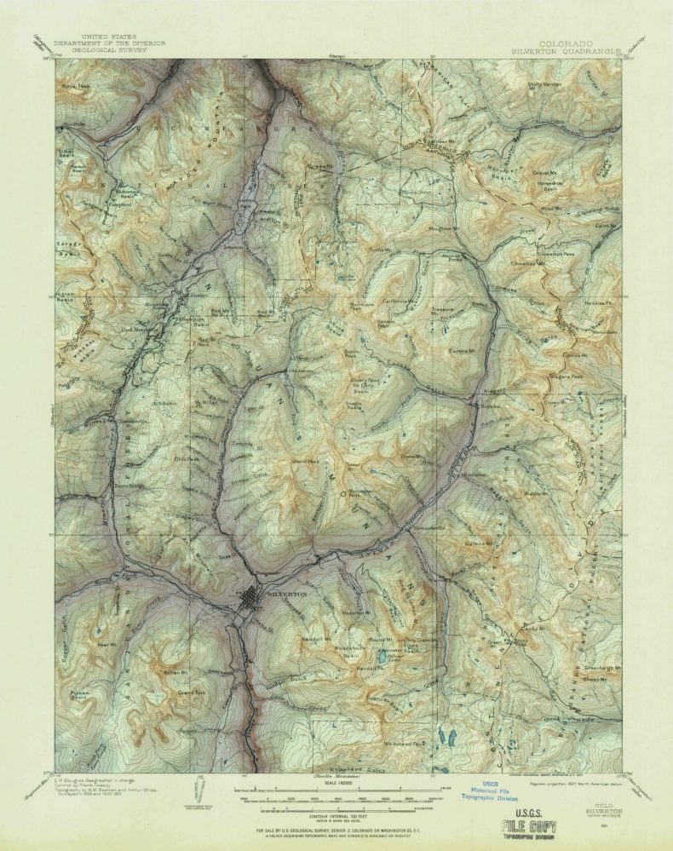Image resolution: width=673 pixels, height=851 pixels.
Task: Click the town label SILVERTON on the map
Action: tap(285, 593)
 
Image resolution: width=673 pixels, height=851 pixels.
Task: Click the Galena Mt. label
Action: tap(480, 543)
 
